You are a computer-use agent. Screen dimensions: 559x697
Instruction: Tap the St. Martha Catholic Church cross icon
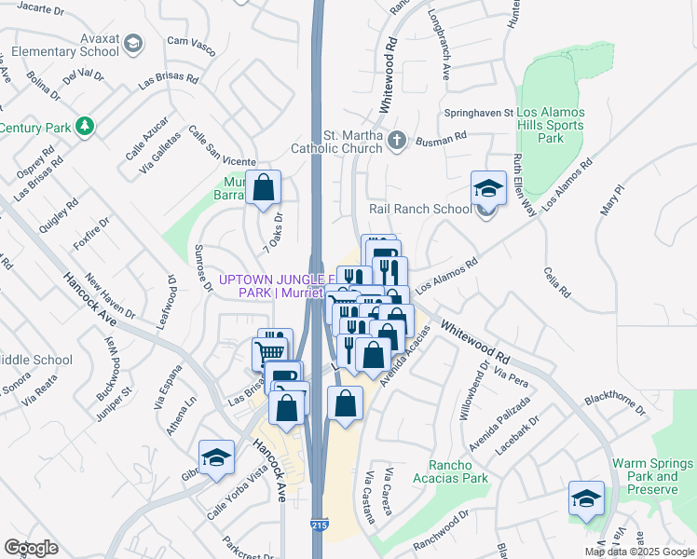click(397, 142)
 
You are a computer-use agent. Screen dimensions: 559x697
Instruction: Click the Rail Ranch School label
click(420, 209)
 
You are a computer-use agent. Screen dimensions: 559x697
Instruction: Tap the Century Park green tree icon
click(85, 125)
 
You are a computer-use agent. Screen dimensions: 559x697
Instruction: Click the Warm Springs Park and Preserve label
click(652, 471)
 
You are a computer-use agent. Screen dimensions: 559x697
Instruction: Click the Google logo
click(31, 548)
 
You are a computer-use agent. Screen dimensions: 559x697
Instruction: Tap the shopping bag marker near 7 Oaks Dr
click(265, 187)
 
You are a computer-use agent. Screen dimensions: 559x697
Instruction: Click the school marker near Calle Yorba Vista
click(216, 457)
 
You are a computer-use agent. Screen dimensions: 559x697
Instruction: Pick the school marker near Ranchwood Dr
click(585, 498)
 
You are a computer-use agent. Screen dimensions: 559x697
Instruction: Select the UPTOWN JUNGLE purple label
click(274, 279)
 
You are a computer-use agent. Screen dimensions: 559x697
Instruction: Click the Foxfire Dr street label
click(90, 237)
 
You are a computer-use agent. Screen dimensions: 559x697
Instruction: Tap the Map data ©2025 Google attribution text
click(639, 552)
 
